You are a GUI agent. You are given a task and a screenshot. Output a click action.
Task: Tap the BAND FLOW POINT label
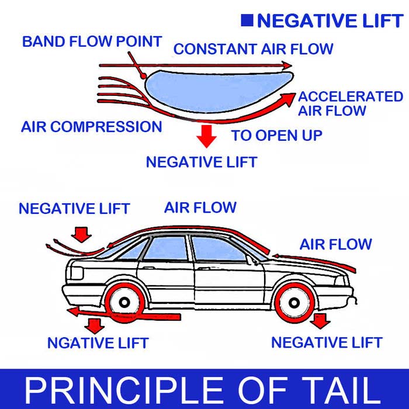[x=92, y=42]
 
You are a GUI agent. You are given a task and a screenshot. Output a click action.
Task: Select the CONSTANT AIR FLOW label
[x=253, y=49]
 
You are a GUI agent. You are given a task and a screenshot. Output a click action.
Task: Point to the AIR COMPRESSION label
[x=92, y=127]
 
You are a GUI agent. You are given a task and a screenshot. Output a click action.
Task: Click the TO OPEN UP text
[x=276, y=136]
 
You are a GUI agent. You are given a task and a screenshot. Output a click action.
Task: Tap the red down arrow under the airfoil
[x=206, y=136]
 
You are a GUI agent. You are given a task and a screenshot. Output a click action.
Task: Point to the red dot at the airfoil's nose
[x=143, y=75]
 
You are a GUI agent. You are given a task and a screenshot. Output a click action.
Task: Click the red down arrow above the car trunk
[x=82, y=234]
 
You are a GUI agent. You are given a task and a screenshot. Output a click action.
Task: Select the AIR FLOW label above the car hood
[x=335, y=244]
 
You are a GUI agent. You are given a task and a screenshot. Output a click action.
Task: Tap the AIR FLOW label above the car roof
[x=200, y=207]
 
